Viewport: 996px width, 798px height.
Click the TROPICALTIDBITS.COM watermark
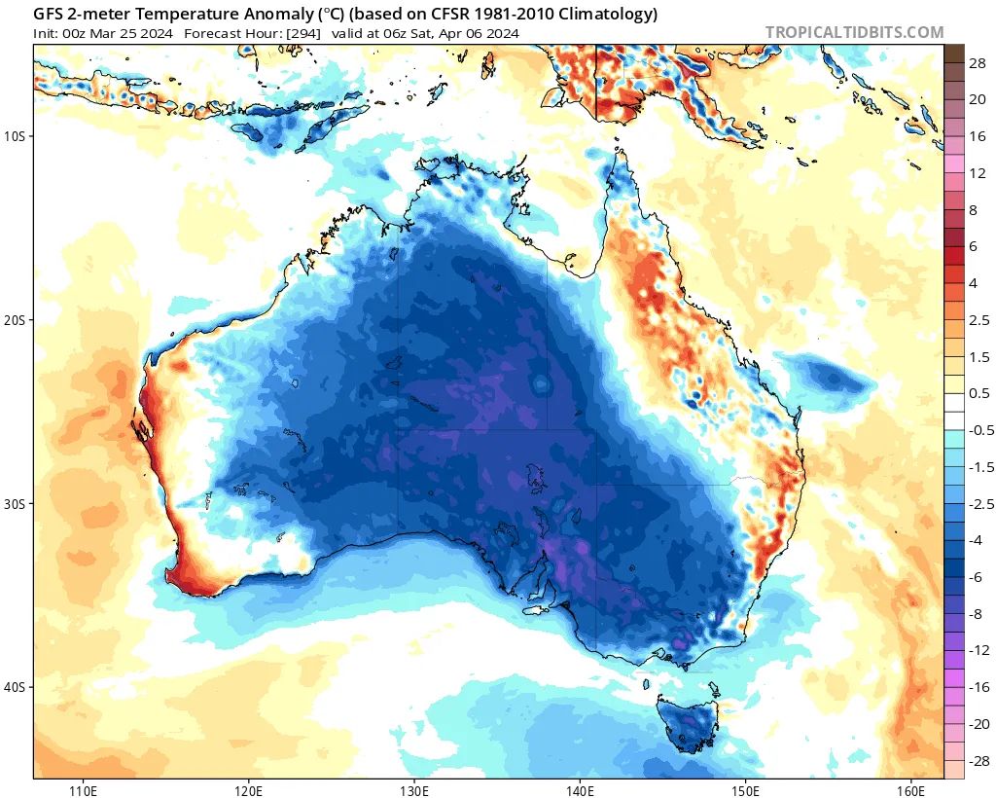(854, 32)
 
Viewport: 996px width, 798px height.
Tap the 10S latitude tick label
(15, 135)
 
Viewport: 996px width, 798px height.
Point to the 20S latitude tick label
(15, 319)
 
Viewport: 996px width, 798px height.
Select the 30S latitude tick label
(15, 503)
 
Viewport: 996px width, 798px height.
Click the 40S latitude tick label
(15, 687)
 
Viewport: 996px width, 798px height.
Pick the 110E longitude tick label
(83, 788)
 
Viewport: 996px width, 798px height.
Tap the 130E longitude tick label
(414, 788)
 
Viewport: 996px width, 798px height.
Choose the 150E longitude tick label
(746, 788)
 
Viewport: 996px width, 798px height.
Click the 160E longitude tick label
(911, 788)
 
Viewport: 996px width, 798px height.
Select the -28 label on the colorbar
(978, 760)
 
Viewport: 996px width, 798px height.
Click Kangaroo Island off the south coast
(536, 609)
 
